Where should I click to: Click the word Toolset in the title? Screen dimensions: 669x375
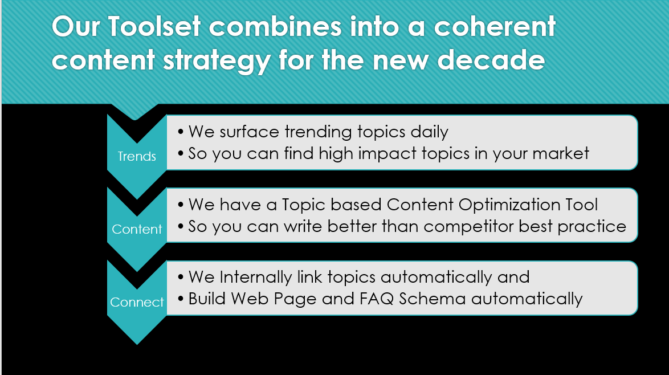coord(154,26)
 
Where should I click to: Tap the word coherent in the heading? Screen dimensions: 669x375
coord(495,26)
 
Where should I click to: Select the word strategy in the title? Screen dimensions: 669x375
coord(217,60)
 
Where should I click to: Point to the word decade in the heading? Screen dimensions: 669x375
coord(491,60)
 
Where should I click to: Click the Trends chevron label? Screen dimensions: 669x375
coord(137,156)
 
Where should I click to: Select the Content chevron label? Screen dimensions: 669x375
coord(137,229)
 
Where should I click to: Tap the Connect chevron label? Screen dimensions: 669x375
coord(137,302)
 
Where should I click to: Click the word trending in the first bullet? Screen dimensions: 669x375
coord(319,132)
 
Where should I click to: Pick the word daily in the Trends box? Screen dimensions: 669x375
coord(429,132)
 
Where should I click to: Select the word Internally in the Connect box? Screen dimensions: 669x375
coord(255,278)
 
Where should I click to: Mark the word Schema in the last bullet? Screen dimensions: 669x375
coord(432,299)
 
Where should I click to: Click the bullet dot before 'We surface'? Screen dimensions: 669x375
coord(181,132)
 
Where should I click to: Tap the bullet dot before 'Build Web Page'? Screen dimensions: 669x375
coord(181,299)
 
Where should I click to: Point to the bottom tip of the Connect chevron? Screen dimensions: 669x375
coord(137,345)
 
